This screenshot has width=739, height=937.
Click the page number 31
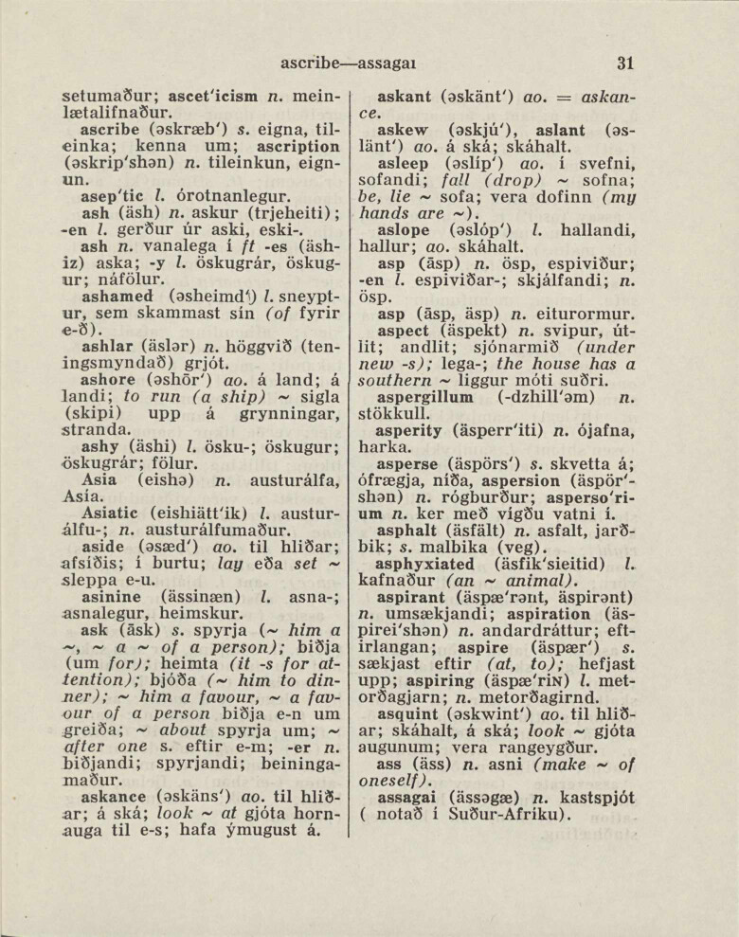(623, 64)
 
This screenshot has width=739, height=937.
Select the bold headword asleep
(405, 166)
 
